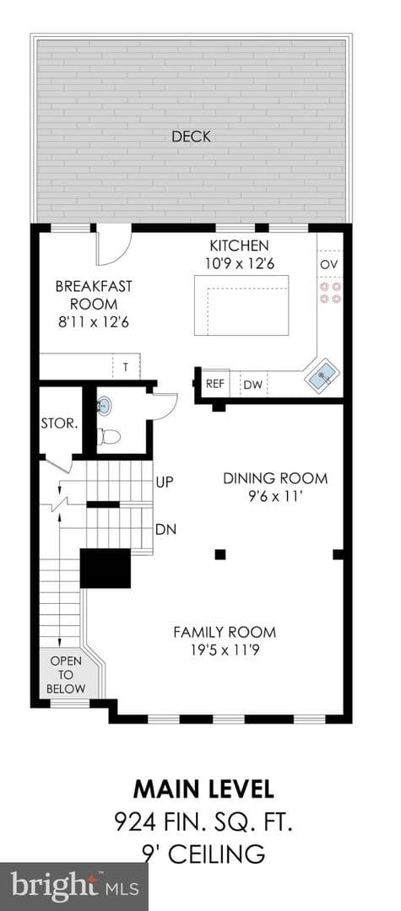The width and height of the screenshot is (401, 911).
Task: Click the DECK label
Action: tap(191, 137)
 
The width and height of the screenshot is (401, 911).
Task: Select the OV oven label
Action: tap(329, 264)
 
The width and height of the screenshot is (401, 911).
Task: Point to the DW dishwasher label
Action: tap(252, 385)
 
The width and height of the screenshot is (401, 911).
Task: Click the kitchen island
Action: tap(241, 305)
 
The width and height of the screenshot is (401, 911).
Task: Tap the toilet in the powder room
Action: tap(108, 436)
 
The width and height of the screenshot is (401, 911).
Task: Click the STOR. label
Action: tap(59, 423)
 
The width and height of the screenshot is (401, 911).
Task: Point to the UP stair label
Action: tap(165, 482)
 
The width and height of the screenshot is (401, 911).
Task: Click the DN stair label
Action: tap(165, 530)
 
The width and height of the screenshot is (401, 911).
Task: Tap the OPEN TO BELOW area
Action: tap(66, 675)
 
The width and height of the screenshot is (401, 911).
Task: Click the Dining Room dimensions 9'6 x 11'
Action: tap(275, 498)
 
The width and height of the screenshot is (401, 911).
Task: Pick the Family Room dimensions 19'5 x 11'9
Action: tap(225, 650)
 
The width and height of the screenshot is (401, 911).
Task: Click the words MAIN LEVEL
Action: tap(203, 790)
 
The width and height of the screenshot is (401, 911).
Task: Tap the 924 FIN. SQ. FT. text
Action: tap(203, 822)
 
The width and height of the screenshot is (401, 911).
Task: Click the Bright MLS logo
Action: tap(73, 887)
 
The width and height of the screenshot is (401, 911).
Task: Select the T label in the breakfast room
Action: tap(125, 367)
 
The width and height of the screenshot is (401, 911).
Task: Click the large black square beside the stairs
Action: tap(106, 569)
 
